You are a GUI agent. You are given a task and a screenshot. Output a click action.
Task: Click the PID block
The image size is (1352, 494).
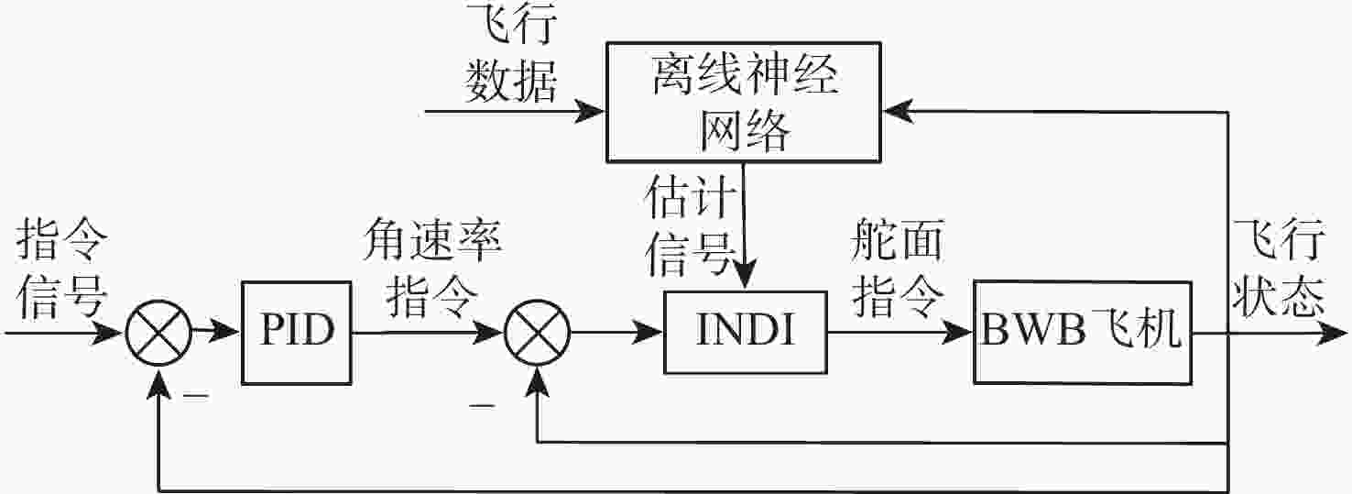click(297, 333)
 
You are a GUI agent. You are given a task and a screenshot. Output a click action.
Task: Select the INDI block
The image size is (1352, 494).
click(746, 333)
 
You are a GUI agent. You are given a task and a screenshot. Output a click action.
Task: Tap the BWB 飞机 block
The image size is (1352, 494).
click(1083, 333)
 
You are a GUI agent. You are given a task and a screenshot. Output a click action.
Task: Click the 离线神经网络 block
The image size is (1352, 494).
click(744, 102)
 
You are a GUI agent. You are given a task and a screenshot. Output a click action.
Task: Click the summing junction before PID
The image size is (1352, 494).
click(158, 333)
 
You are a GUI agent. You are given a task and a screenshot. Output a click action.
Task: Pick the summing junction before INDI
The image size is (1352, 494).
click(537, 333)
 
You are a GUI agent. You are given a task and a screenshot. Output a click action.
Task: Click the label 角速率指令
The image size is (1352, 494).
click(432, 269)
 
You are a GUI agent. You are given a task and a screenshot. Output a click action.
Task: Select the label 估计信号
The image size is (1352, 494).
click(690, 225)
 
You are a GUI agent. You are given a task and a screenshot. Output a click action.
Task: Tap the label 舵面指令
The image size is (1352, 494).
click(898, 269)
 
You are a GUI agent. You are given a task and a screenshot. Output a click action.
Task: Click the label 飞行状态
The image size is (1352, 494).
click(1279, 269)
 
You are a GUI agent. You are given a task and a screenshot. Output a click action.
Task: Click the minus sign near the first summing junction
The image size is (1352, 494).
click(195, 396)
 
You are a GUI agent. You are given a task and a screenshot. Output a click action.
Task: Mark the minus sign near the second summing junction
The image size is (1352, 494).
click(482, 406)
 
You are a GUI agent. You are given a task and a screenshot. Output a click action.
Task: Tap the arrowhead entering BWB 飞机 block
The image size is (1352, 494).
click(957, 332)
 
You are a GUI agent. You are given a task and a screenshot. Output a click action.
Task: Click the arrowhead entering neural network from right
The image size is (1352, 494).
click(898, 111)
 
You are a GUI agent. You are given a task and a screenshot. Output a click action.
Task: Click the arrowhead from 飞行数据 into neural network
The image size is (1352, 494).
click(589, 111)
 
